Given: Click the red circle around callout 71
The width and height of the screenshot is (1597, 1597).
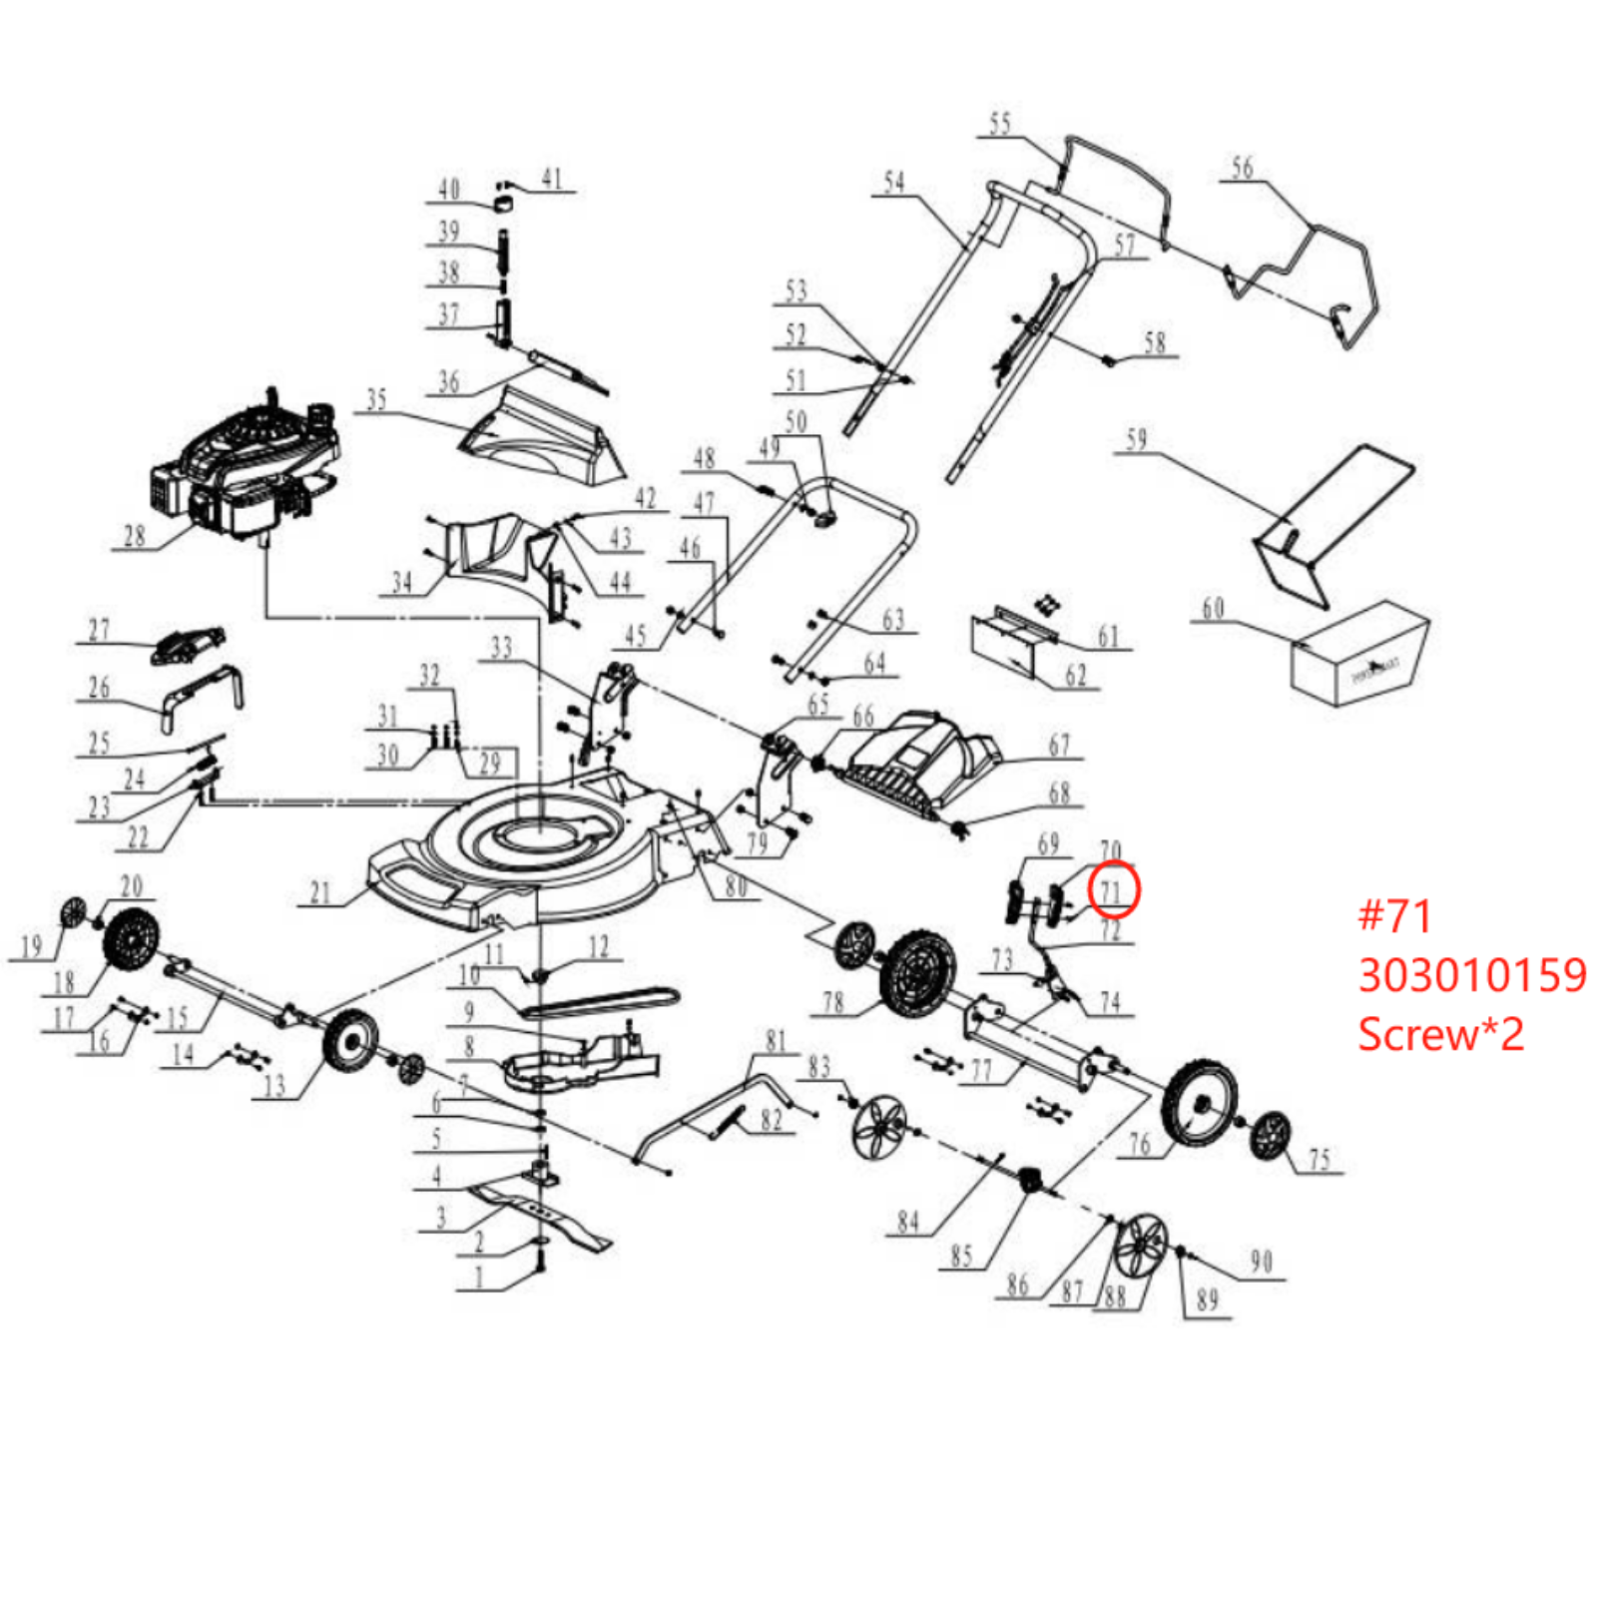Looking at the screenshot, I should (x=1113, y=888).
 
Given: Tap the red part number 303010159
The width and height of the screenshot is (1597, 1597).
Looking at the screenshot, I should (x=1471, y=975).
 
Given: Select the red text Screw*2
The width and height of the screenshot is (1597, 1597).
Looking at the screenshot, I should (x=1439, y=1033).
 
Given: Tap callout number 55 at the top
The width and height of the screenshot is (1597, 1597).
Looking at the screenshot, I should (x=999, y=124).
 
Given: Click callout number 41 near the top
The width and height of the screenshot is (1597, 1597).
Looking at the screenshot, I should (x=552, y=179).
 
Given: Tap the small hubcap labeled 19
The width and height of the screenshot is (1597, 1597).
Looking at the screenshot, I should (x=73, y=912).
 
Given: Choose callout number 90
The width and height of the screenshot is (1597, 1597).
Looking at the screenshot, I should (x=1261, y=1262).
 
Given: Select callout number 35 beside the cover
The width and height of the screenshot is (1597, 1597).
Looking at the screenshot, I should (x=376, y=399).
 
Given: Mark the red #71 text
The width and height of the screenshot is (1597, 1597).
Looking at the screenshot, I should (x=1395, y=916).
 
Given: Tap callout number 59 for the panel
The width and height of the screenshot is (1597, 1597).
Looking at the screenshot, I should (x=1136, y=439).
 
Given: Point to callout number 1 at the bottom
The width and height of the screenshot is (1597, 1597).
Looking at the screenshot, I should (x=479, y=1277).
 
